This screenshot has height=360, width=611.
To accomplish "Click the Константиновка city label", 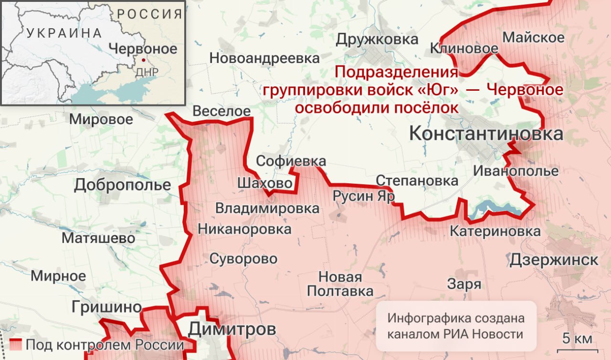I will click(x=486, y=134).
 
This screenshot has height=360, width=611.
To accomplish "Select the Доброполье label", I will click(x=122, y=185).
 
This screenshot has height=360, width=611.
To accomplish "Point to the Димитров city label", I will click(x=232, y=329).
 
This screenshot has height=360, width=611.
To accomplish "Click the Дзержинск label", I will click(x=554, y=260).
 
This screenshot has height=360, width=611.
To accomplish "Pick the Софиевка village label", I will click(x=291, y=161).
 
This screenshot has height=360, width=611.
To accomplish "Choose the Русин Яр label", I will click(x=363, y=196).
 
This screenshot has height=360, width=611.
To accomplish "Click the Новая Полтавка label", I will click(x=340, y=284).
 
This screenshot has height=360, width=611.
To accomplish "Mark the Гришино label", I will click(x=107, y=307).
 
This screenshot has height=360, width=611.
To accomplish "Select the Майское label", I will click(x=534, y=37).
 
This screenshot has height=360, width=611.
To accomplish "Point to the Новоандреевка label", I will click(x=264, y=58).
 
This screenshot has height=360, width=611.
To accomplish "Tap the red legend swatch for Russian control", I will click(x=16, y=344).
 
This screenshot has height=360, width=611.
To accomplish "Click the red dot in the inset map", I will click(x=142, y=60).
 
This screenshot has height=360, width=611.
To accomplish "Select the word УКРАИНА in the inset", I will click(x=64, y=33).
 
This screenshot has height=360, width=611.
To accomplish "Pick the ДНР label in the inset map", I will click(x=147, y=72).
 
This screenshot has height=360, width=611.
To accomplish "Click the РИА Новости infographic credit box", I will click(x=455, y=326).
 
